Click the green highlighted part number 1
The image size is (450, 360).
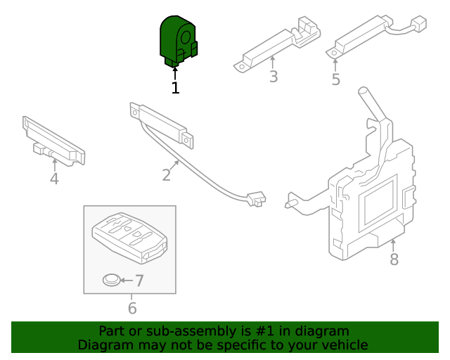pos(177,42)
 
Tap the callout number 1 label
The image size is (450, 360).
pos(175,88)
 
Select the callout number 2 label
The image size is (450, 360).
pos(167,174)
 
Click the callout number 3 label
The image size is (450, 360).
pos(274,77)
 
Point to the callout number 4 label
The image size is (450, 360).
pos(54,179)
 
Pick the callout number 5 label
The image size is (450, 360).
pos(335,79)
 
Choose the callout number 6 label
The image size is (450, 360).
pos(132,308)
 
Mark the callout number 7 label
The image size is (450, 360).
pos(139,281)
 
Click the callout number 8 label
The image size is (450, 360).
pos(394,259)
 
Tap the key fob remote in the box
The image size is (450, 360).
pos(129,234)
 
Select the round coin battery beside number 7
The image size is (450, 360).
pos(110,281)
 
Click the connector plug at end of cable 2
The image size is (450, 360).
pos(256,199)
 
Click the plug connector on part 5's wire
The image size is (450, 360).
pos(419,25)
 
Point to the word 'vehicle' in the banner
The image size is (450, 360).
pos(344,345)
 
